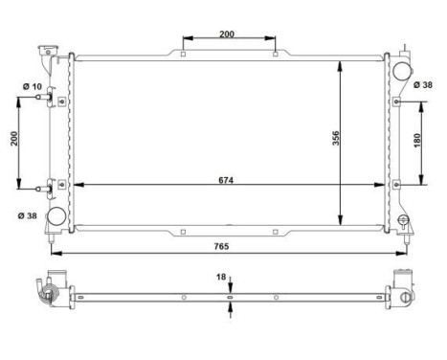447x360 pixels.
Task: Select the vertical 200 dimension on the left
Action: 11,138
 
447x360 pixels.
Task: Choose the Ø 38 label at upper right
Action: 424,84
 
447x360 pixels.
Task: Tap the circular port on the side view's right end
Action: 407,298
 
